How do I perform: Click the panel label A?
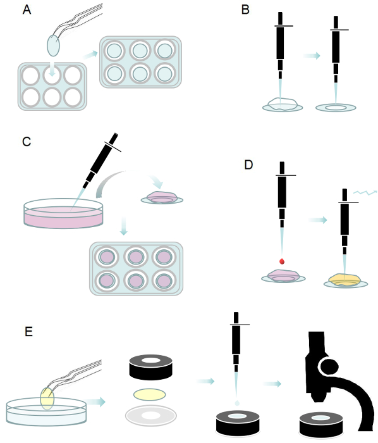coord(27,10)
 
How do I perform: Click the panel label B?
coord(245,10)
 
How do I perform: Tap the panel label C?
coord(27,142)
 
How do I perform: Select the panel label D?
coord(248,165)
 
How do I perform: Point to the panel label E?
coord(28,332)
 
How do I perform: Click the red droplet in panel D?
coord(282,261)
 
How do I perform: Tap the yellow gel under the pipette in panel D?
coord(344,280)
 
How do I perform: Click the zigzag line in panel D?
coord(365,192)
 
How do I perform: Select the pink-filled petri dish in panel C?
coord(63,213)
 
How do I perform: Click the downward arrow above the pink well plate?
coord(123,226)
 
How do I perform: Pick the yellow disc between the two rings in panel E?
coord(149,394)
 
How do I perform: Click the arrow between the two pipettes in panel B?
coord(312,56)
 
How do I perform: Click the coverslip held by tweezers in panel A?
coord(53,46)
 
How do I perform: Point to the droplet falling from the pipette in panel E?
coord(237,403)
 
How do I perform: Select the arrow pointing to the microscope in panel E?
coord(272,384)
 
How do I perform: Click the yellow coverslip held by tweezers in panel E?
coord(47,399)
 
